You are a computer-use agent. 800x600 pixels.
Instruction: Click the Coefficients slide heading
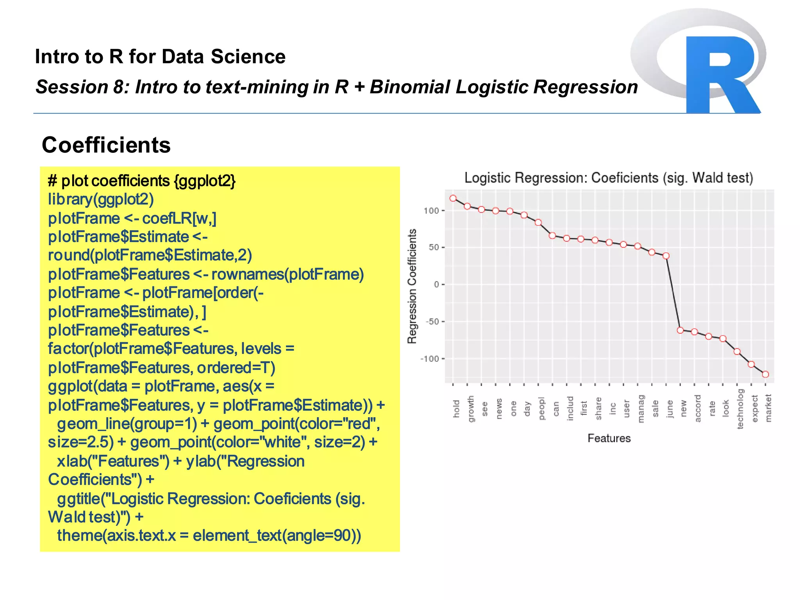(106, 145)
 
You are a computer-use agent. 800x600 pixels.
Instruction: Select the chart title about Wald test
(608, 178)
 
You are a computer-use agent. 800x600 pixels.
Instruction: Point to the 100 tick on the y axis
(431, 211)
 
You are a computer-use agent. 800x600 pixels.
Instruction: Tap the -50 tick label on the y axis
(432, 322)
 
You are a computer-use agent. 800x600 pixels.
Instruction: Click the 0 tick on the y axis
(436, 285)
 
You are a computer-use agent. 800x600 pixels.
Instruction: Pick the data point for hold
(453, 198)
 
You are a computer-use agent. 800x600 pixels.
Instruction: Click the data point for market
(766, 374)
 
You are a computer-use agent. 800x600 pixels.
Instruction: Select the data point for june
(666, 256)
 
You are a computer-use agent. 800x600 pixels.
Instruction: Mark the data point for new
(680, 330)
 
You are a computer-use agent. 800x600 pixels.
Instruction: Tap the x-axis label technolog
(740, 409)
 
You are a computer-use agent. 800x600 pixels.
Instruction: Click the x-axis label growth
(471, 409)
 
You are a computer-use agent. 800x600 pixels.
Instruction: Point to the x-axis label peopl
(541, 409)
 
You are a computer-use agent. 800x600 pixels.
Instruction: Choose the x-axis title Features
(609, 438)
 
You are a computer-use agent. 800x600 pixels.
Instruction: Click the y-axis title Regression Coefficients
(412, 286)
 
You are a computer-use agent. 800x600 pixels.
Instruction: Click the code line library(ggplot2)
(101, 199)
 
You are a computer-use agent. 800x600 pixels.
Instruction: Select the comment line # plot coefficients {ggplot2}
(141, 181)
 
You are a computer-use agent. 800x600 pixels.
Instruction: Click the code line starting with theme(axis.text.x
(209, 535)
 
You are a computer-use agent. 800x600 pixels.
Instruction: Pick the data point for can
(552, 236)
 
